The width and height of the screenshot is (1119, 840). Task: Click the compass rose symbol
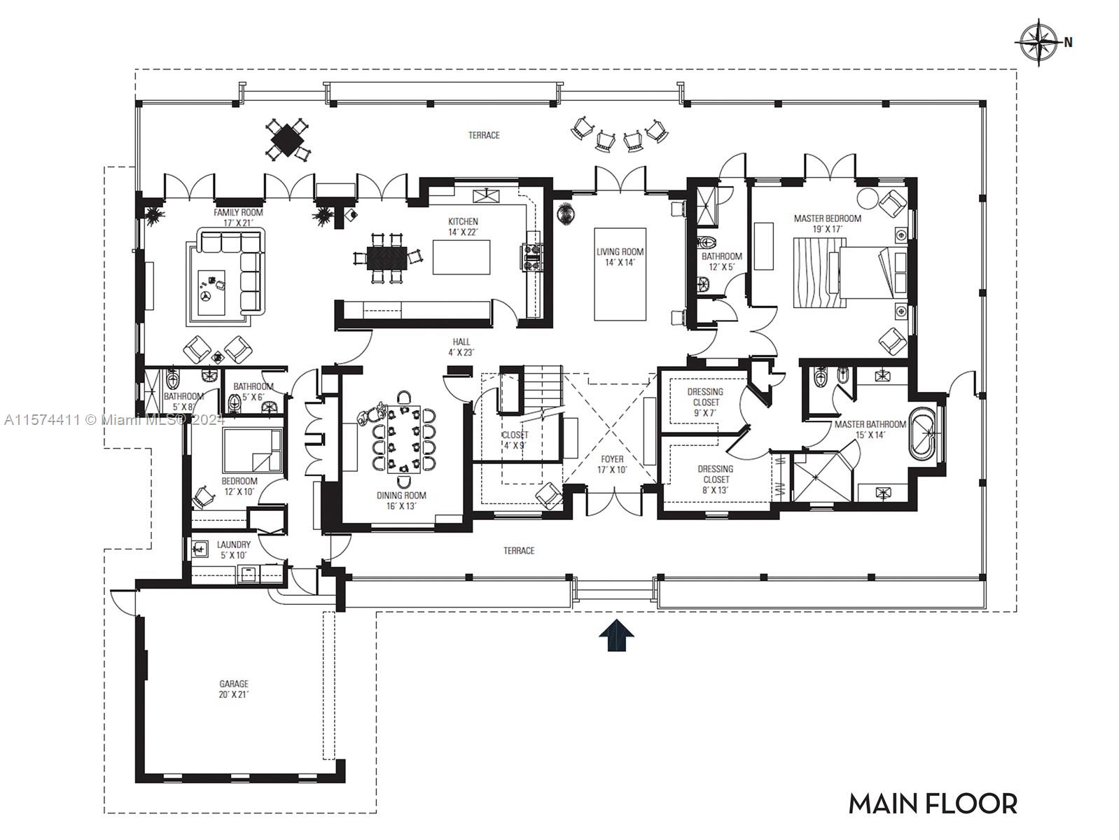click(x=1038, y=41)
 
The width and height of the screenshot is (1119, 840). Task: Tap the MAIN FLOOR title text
click(x=933, y=804)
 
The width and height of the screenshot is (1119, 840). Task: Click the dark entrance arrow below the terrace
click(x=616, y=636)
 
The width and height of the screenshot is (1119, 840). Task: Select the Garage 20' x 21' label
click(x=233, y=689)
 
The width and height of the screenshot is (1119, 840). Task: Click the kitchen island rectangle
click(x=461, y=257)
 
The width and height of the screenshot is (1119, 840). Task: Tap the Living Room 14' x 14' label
click(x=620, y=257)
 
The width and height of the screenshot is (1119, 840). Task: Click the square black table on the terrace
click(x=286, y=140)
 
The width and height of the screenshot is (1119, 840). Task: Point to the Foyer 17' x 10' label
click(x=612, y=465)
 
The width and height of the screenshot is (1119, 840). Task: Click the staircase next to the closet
click(x=543, y=392)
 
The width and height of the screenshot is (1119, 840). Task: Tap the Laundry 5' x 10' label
click(x=233, y=549)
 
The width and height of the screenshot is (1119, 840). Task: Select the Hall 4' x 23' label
click(x=462, y=347)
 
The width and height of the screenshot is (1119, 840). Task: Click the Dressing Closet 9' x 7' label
click(x=705, y=402)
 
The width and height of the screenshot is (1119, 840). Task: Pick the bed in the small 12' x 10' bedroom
click(x=252, y=451)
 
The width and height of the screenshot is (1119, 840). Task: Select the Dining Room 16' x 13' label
click(x=401, y=500)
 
